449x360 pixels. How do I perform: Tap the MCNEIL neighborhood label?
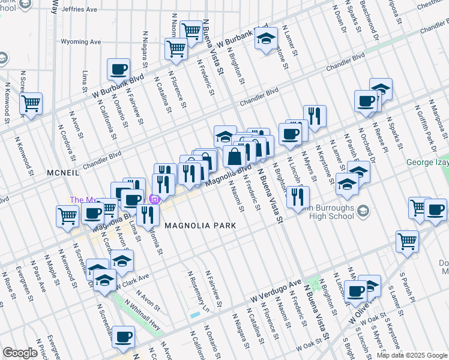[x=63, y=172]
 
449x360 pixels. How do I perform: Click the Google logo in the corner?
[x=20, y=352]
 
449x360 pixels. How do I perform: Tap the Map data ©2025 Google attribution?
[x=412, y=355]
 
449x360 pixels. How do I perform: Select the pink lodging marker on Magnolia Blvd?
[x=155, y=200]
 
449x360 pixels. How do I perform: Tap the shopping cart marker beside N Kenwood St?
[x=31, y=103]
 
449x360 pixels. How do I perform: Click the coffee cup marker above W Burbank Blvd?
[x=119, y=68]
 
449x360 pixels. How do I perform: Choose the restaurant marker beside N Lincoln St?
[x=298, y=196]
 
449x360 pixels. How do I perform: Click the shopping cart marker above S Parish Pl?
[x=407, y=241]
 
